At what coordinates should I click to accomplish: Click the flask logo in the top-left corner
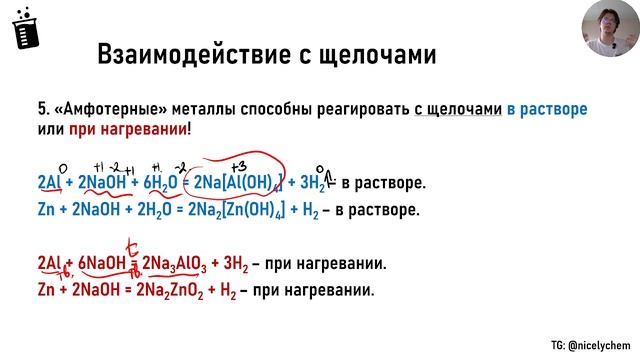(x=21, y=31)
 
